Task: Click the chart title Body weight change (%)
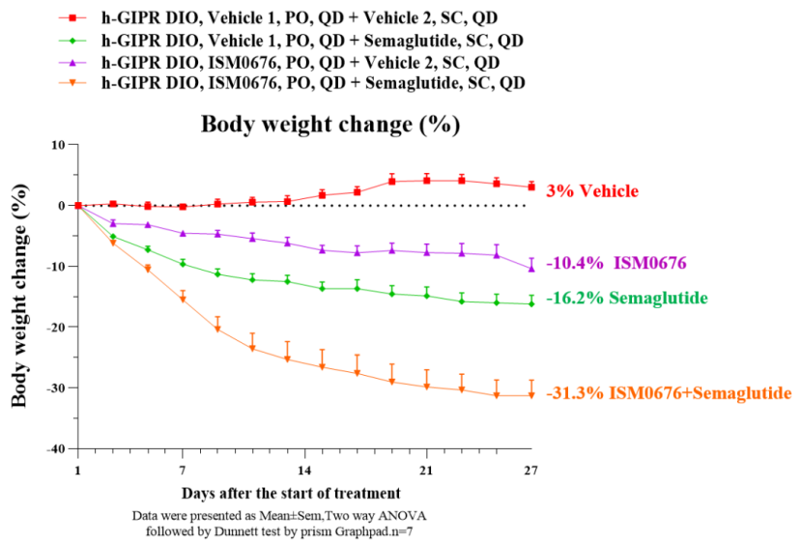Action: pos(329,125)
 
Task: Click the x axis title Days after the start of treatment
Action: pos(290,494)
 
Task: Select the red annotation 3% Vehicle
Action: pos(592,191)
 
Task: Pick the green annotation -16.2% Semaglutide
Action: pos(626,299)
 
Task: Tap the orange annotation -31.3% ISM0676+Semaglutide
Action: pos(669,393)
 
